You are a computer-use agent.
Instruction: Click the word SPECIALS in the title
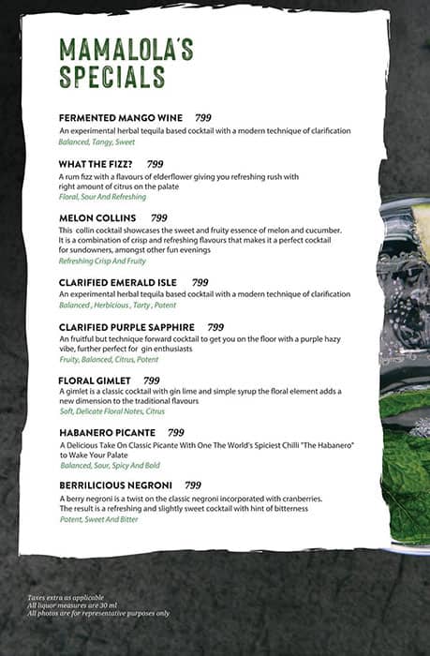[x=111, y=77]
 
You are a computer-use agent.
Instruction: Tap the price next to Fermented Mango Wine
[x=203, y=118]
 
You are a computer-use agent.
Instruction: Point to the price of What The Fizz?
[x=155, y=164]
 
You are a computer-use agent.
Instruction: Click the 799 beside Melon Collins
[x=159, y=217]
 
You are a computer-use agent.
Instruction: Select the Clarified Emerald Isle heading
[x=120, y=282]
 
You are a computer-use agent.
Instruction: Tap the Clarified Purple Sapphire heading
[x=126, y=326]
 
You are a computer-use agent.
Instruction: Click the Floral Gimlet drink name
[x=96, y=380]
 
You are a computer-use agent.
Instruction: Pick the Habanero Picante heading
[x=108, y=433]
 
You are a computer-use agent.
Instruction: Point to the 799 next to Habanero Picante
[x=176, y=433]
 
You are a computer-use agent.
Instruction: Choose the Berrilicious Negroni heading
[x=116, y=485]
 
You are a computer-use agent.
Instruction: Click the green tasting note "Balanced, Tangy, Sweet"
[x=97, y=142]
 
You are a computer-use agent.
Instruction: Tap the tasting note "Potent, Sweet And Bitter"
[x=98, y=519]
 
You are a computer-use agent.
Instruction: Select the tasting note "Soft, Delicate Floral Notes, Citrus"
[x=111, y=410]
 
